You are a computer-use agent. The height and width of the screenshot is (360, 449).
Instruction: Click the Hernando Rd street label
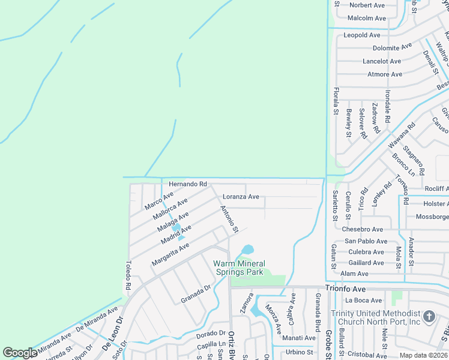pos(187,184)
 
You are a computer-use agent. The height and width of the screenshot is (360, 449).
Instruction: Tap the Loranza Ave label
pos(241,197)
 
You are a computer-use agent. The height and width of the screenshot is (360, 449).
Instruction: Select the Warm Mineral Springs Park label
pos(239,268)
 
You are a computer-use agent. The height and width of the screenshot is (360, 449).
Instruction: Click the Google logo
pos(20,353)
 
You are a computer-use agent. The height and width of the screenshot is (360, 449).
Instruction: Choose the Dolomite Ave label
pos(392,46)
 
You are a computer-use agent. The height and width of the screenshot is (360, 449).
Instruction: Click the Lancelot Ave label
pos(382,61)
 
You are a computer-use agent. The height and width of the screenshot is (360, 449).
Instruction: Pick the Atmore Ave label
pos(385,74)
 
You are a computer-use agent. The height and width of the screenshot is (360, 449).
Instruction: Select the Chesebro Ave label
pos(362,229)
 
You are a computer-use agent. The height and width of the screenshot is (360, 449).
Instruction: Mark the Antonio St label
pos(229,220)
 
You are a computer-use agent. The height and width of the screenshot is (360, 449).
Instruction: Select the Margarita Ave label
pos(170,254)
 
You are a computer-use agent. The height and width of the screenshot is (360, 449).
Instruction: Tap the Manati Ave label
pos(300,338)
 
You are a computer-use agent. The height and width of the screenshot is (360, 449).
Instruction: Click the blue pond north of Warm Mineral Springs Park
pos(247,249)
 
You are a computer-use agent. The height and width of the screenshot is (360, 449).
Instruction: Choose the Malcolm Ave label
pos(366,19)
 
